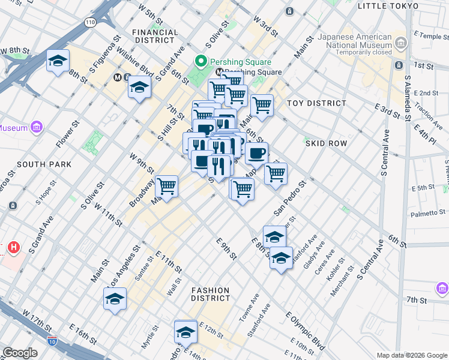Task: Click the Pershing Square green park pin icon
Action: pyautogui.click(x=200, y=62)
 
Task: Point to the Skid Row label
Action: pyautogui.click(x=326, y=143)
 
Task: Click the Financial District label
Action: pyautogui.click(x=155, y=36)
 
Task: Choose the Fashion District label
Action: pyautogui.click(x=211, y=294)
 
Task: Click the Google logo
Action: pyautogui.click(x=20, y=353)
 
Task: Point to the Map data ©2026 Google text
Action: pyautogui.click(x=411, y=355)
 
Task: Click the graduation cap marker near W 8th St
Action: pyautogui.click(x=58, y=61)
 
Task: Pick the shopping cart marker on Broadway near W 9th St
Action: pyautogui.click(x=166, y=187)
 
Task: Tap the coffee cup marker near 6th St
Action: pyautogui.click(x=256, y=153)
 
